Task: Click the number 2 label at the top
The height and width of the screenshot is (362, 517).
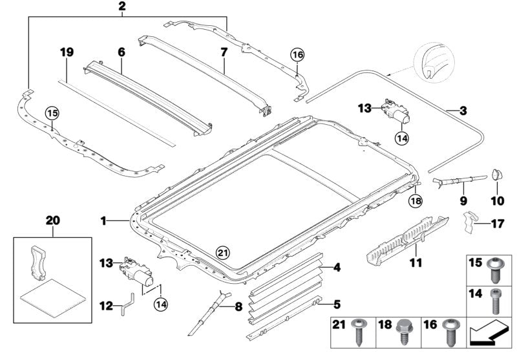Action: tap(121, 7)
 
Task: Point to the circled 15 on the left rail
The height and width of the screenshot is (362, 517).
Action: tap(52, 114)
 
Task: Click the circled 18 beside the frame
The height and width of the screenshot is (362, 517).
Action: tap(415, 202)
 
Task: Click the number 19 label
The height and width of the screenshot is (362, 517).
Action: tap(63, 52)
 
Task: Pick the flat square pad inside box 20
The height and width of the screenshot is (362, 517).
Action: tap(53, 298)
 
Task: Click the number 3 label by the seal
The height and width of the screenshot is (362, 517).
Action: tap(463, 111)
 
